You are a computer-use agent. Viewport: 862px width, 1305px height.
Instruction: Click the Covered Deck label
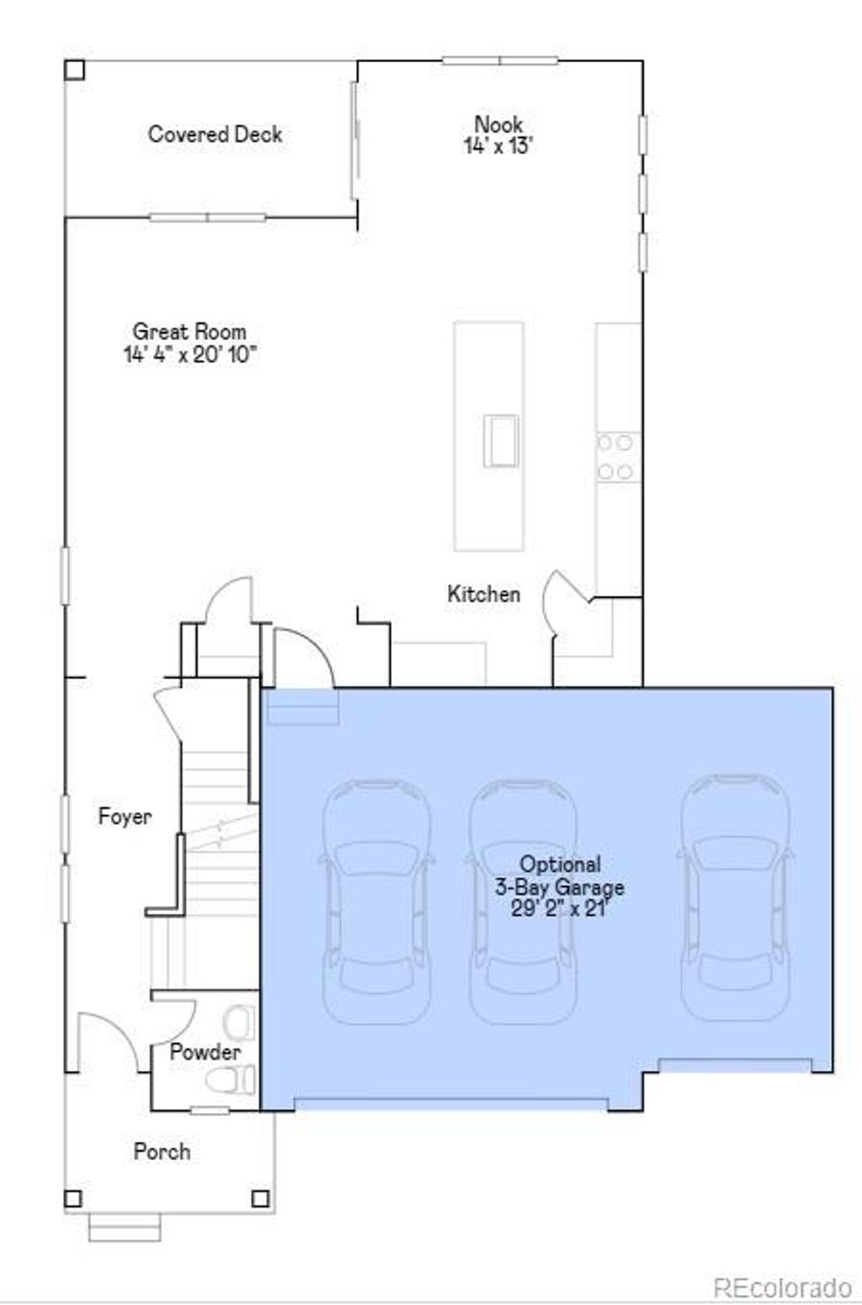pyautogui.click(x=215, y=134)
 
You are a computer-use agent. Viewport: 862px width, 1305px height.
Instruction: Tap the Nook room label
pyautogui.click(x=498, y=125)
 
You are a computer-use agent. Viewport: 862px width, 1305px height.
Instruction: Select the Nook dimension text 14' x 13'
pyautogui.click(x=498, y=146)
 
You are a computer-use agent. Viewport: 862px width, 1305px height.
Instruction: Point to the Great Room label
pyautogui.click(x=189, y=331)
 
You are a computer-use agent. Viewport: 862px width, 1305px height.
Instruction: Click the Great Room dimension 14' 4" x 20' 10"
pyautogui.click(x=189, y=354)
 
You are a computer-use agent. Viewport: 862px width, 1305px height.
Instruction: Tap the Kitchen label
pyautogui.click(x=483, y=594)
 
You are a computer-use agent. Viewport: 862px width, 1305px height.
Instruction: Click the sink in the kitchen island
pyautogui.click(x=501, y=439)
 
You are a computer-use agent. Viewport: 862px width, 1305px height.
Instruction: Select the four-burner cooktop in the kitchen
pyautogui.click(x=615, y=456)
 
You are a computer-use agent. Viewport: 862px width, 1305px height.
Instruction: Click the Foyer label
pyautogui.click(x=125, y=816)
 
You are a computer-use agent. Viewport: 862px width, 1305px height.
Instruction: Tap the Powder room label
pyautogui.click(x=205, y=1052)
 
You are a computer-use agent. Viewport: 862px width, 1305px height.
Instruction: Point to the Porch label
pyautogui.click(x=162, y=1151)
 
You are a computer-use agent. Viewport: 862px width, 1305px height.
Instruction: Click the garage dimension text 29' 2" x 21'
pyautogui.click(x=559, y=908)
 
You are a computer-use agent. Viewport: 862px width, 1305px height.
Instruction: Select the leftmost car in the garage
pyautogui.click(x=376, y=901)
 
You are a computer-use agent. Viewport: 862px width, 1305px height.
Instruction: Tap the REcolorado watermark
pyautogui.click(x=782, y=1287)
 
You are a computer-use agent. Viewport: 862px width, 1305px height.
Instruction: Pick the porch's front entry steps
pyautogui.click(x=125, y=1227)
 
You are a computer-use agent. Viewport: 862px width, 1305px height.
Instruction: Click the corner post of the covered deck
pyautogui.click(x=74, y=69)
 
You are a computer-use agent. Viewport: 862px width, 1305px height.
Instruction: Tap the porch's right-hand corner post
pyautogui.click(x=261, y=1198)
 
